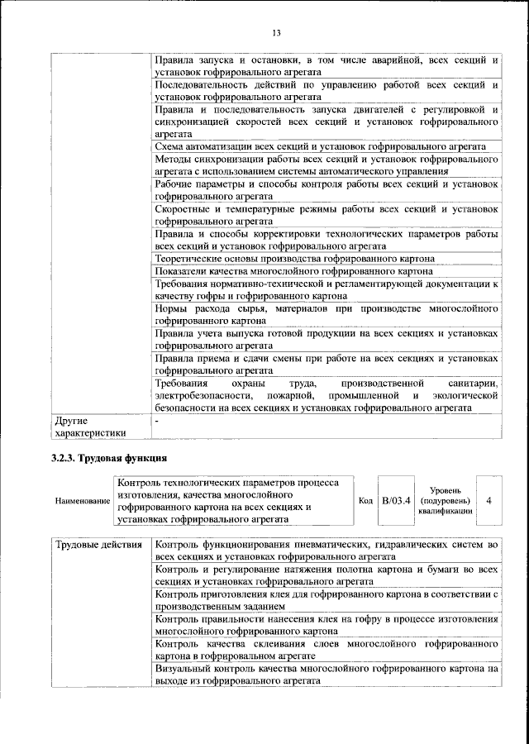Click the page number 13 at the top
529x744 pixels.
(276, 33)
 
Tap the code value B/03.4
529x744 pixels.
(395, 501)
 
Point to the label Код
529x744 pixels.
(365, 501)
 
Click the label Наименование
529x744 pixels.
(81, 501)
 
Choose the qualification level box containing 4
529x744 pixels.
(489, 501)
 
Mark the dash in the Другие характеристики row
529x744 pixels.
(157, 421)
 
